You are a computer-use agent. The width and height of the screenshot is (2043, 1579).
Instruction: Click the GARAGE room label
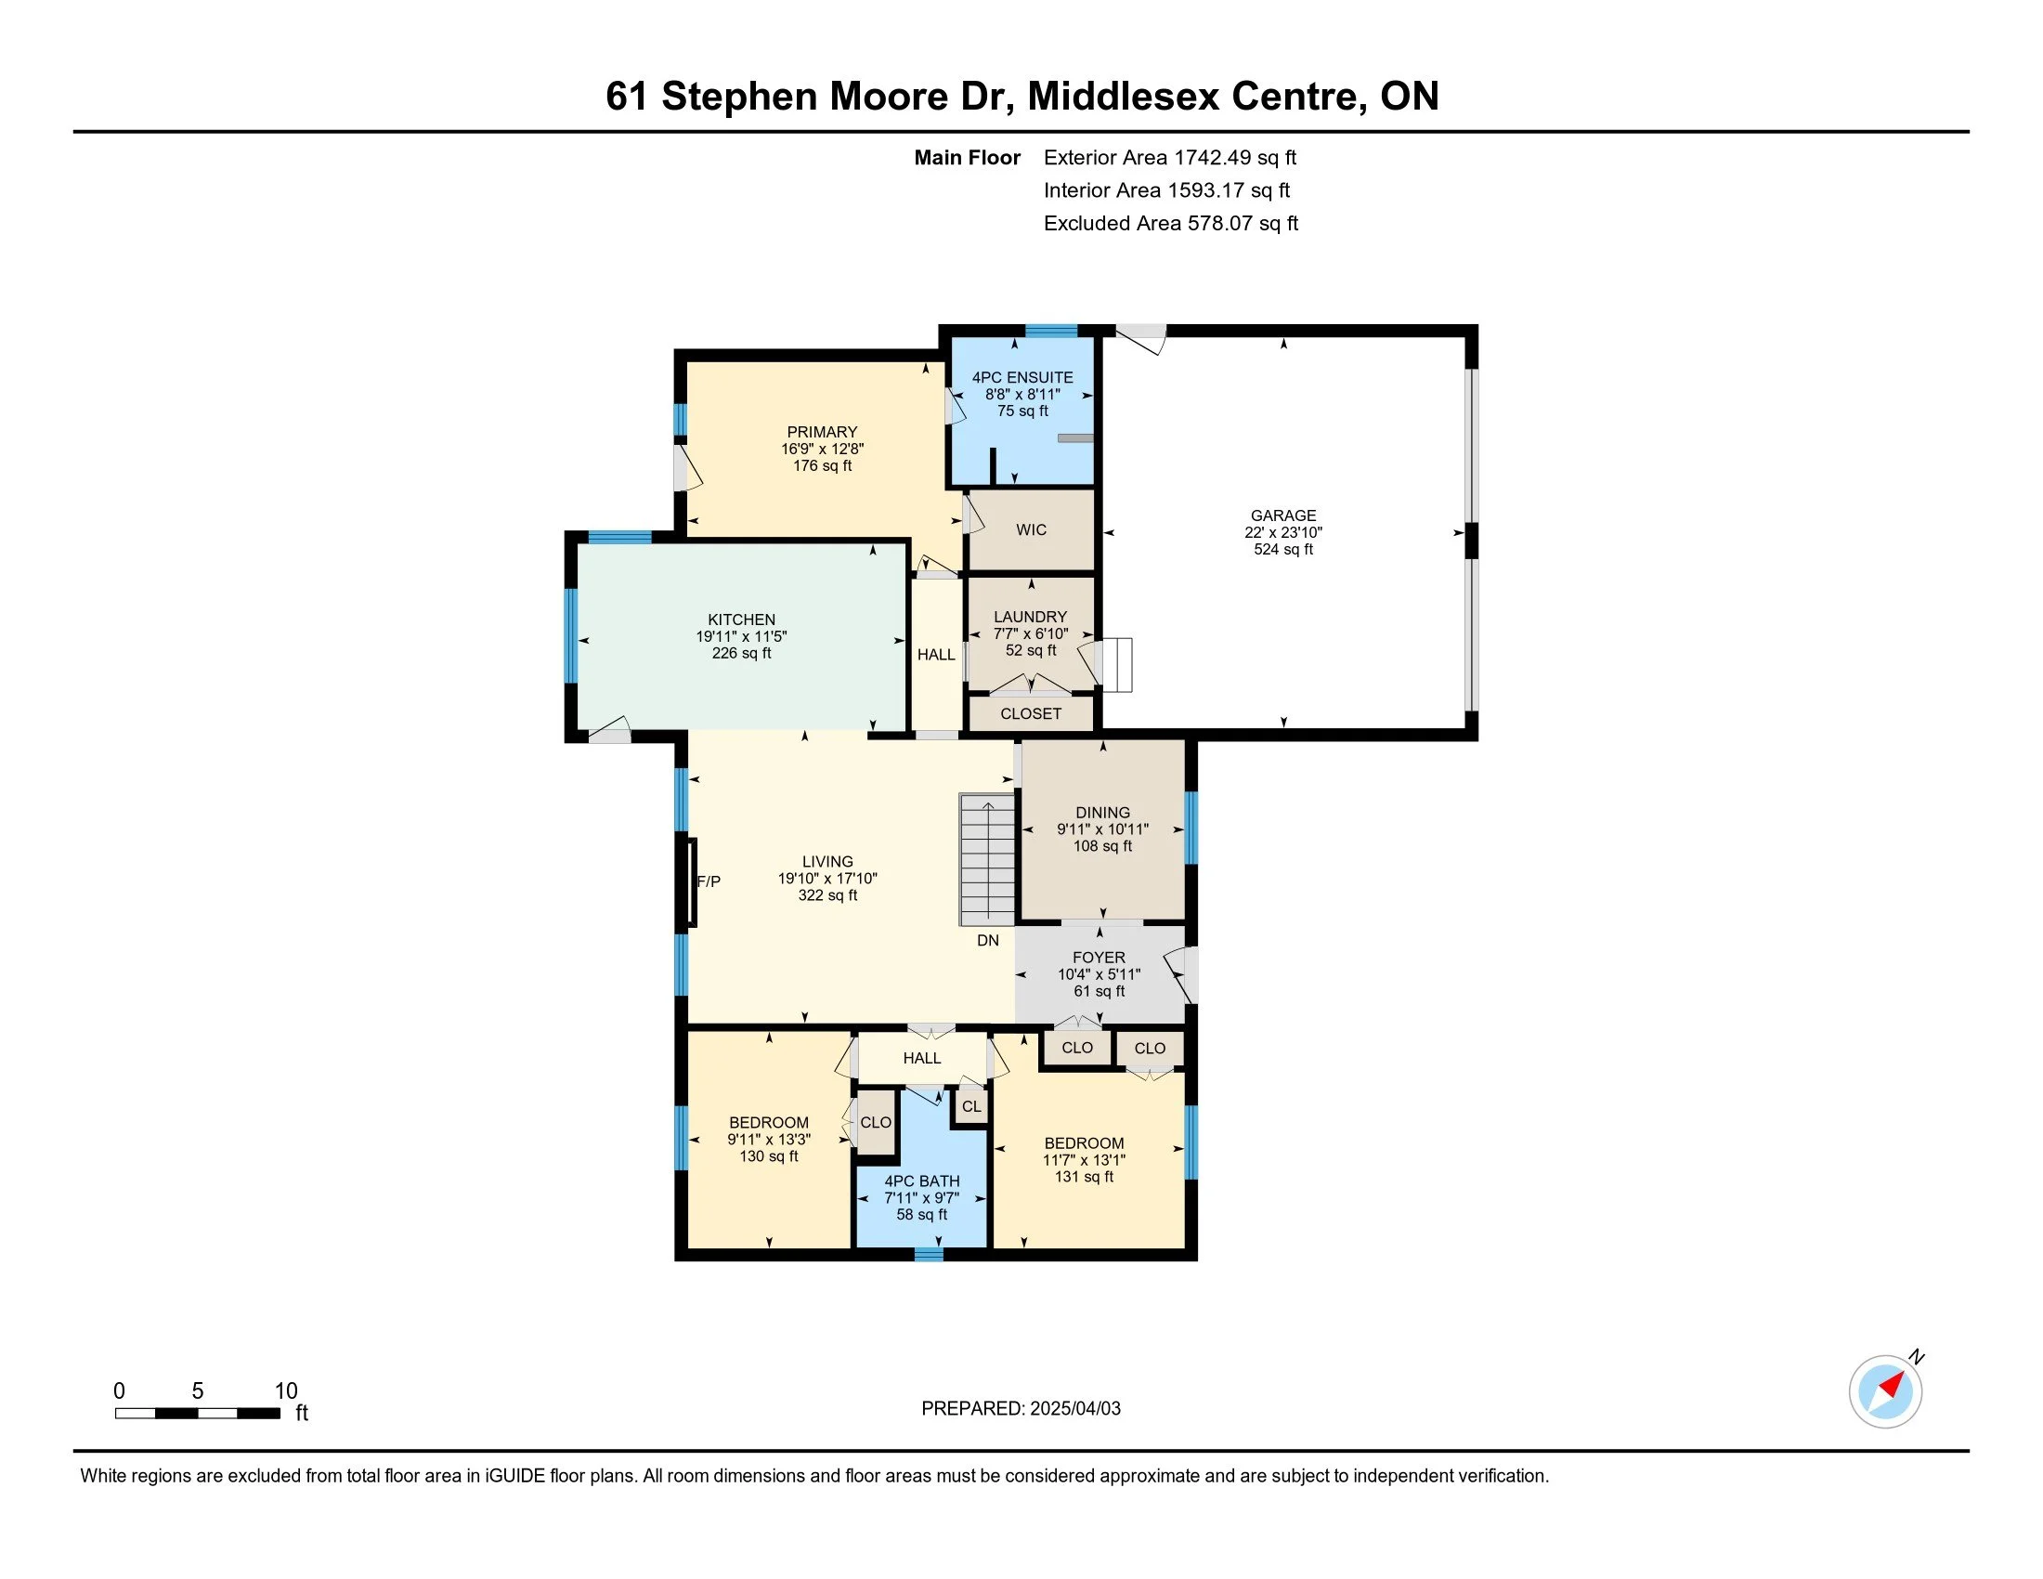pos(1283,515)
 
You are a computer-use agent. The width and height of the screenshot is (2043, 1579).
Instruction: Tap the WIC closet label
pos(1031,529)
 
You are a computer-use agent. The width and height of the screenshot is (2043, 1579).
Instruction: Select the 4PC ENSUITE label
pos(1022,377)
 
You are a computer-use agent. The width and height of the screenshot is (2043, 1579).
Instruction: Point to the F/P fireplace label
pos(709,881)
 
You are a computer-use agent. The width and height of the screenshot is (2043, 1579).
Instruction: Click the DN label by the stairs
pos(988,940)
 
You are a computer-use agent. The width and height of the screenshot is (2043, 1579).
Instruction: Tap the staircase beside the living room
pos(987,860)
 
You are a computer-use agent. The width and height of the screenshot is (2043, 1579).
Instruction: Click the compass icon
pos(1886,1391)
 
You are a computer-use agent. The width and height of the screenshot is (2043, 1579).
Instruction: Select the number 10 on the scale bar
pos(286,1391)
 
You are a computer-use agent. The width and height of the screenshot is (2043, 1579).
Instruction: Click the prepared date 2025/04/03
pos(1074,1408)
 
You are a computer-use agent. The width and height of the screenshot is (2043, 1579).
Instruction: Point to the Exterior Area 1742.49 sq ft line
pos(1170,157)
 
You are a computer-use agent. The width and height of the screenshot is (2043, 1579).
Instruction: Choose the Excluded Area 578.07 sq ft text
pos(1171,223)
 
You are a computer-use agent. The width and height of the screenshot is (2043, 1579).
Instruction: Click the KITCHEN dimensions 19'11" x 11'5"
pos(741,636)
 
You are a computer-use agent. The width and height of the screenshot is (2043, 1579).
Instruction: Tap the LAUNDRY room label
pos(1030,617)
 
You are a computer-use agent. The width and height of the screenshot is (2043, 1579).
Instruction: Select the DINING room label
pos(1103,812)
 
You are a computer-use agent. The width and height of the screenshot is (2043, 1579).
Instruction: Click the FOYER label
pos(1100,957)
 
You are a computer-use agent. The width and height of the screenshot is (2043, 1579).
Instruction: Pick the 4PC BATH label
pos(922,1181)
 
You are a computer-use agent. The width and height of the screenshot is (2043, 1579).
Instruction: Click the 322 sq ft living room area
pos(827,895)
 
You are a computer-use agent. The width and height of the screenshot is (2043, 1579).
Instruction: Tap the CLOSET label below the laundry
pos(1031,713)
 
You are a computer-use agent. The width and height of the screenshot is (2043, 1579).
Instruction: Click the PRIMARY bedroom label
pos(822,432)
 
